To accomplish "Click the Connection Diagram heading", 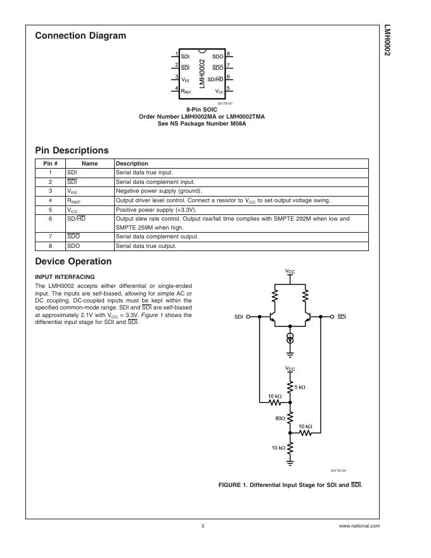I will point(80,36).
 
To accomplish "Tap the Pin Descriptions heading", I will point(72,151).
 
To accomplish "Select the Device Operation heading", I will point(74,261).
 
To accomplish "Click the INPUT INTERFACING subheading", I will point(65,276).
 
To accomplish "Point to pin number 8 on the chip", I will point(228,53).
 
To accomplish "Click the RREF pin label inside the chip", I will point(186,91).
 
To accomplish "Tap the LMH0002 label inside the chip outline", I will point(202,73).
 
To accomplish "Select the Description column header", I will point(132,164).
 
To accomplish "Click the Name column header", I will point(89,164).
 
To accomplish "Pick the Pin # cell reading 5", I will point(50,209).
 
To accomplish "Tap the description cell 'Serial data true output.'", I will point(146,245).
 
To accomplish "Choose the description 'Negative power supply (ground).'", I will point(158,191).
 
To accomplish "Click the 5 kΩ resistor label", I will point(300,387).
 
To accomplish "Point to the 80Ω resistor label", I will point(280,418).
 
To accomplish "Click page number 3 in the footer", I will point(203,526).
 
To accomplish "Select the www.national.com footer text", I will point(359,526).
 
